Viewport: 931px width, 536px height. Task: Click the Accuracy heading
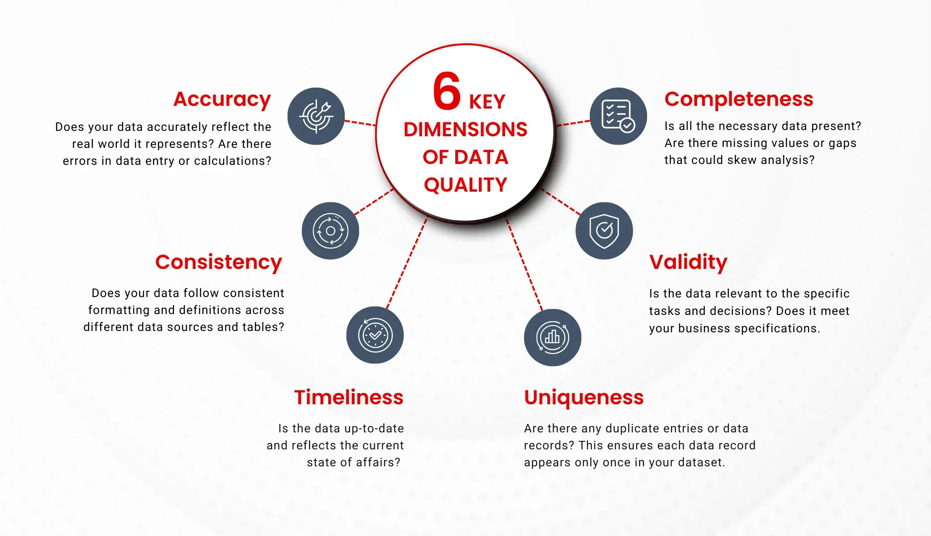(x=222, y=99)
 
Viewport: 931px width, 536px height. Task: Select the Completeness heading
(x=739, y=99)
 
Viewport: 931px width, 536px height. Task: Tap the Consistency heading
(x=219, y=262)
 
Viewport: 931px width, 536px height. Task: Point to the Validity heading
(x=688, y=262)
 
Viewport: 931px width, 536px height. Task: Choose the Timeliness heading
(x=349, y=398)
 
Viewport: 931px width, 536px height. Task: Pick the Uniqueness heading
(x=584, y=398)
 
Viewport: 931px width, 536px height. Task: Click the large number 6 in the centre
(x=446, y=92)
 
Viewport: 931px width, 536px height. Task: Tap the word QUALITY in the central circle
(x=465, y=185)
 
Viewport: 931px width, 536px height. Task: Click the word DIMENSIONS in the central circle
(x=465, y=130)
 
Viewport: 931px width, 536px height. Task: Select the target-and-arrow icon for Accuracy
(x=316, y=116)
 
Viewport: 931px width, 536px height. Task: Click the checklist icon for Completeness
(x=618, y=116)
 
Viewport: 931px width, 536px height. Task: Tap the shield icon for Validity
(x=604, y=231)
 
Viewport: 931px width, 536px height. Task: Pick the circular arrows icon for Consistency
(x=330, y=231)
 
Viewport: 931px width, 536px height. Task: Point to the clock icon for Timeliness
(x=375, y=335)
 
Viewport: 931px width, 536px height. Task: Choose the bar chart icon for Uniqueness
(x=553, y=337)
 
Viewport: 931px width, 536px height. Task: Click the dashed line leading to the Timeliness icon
(x=406, y=264)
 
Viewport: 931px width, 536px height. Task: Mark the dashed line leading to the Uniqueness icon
(x=524, y=264)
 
